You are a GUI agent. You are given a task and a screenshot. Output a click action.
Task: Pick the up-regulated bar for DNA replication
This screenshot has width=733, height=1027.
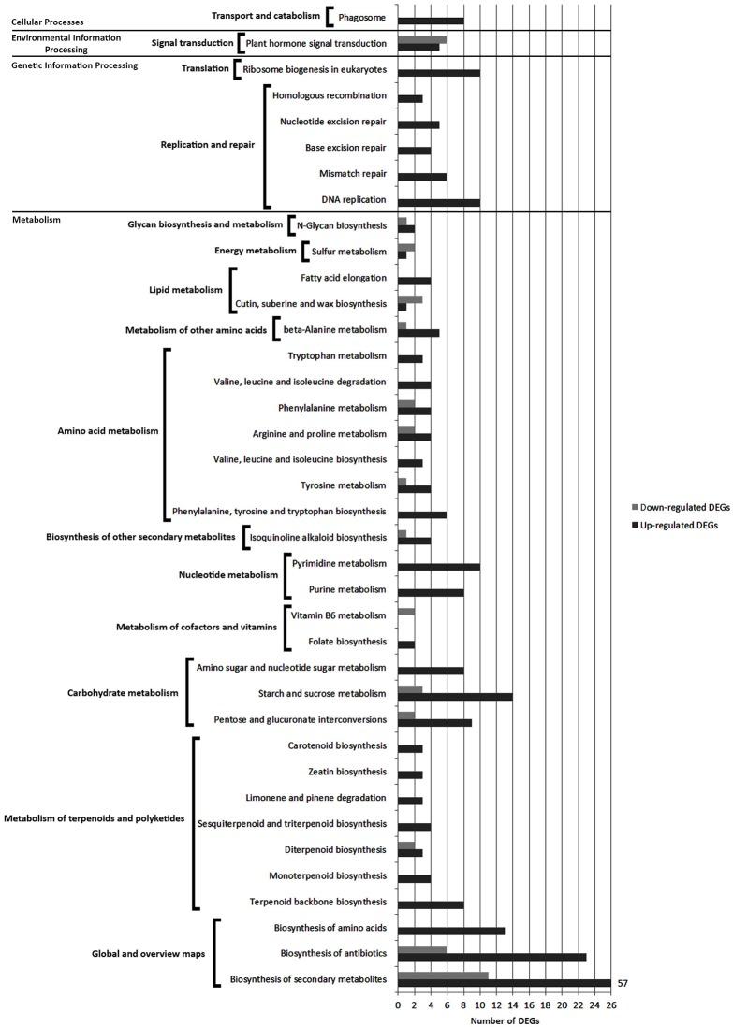click(x=439, y=201)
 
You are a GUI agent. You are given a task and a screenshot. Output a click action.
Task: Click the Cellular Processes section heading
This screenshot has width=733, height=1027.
click(x=47, y=21)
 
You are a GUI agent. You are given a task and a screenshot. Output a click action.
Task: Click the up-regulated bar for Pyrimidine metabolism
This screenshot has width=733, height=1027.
click(x=439, y=567)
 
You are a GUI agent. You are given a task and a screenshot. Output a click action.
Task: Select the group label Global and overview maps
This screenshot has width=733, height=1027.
click(x=149, y=953)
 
